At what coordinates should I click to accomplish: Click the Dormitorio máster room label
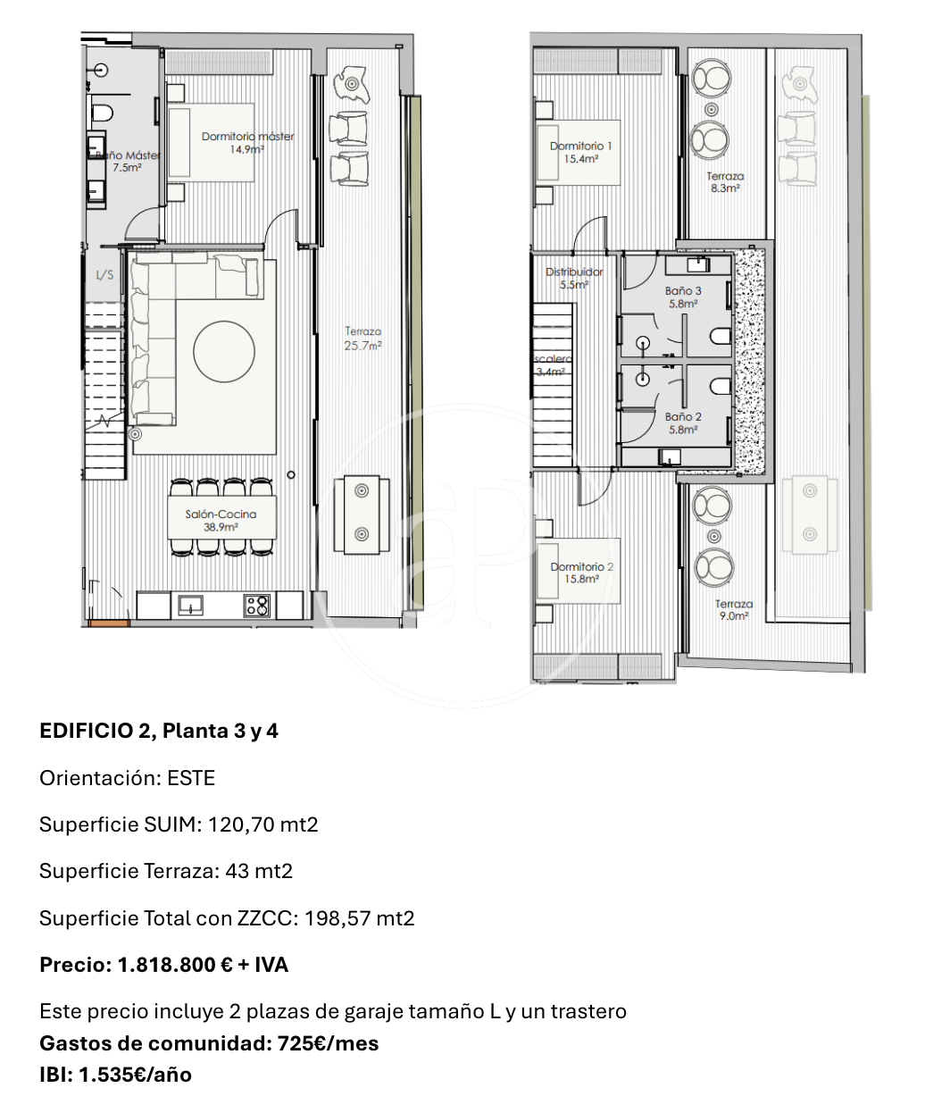(247, 137)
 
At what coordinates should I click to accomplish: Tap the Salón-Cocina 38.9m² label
(221, 520)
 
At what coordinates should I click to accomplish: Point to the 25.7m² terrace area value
(362, 346)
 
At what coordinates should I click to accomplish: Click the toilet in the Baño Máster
(103, 113)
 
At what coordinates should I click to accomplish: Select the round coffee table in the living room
(224, 351)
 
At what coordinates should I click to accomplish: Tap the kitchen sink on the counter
(190, 605)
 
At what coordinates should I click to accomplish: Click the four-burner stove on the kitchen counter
(257, 606)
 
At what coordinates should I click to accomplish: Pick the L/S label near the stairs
(104, 275)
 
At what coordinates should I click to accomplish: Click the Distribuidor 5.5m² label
(574, 278)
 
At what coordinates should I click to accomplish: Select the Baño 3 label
(682, 290)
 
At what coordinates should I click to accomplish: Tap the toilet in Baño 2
(721, 385)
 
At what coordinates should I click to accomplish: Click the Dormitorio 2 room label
(581, 566)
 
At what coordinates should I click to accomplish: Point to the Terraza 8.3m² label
(725, 181)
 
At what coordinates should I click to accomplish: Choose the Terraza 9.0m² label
(734, 610)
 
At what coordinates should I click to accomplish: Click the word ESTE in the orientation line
(191, 778)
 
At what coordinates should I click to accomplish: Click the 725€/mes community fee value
(328, 1043)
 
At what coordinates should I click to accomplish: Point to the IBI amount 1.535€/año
(135, 1075)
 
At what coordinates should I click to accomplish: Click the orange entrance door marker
(109, 623)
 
